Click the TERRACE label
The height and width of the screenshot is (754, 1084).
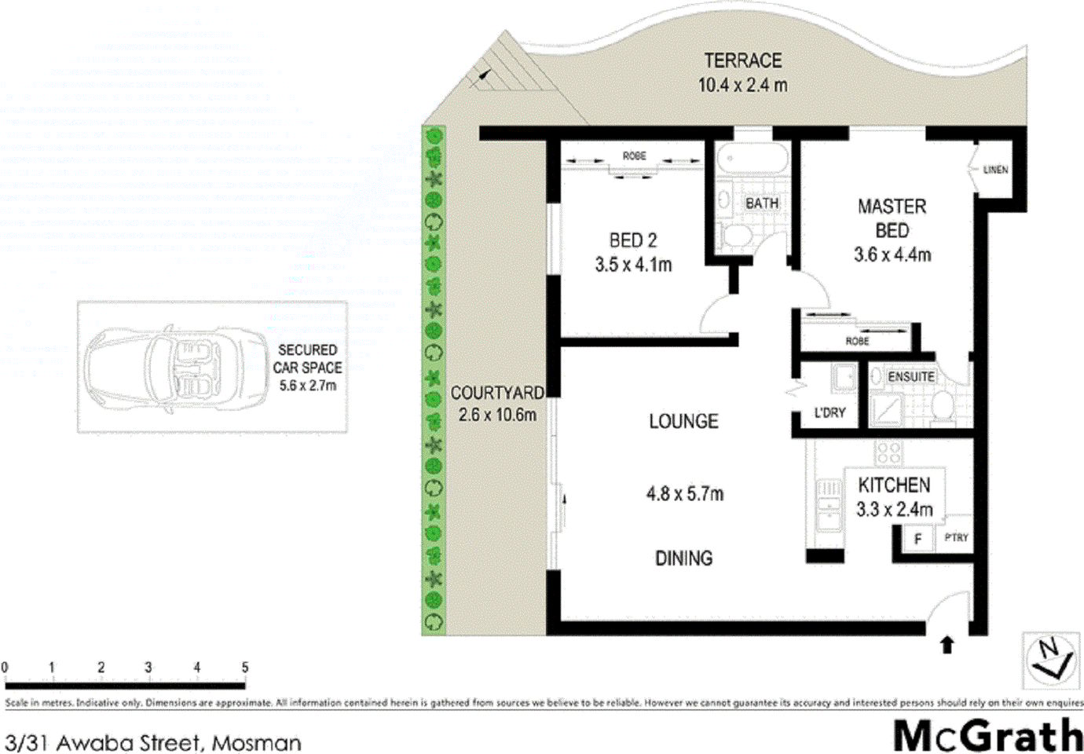coord(742,60)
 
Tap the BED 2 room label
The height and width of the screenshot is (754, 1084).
coord(632,240)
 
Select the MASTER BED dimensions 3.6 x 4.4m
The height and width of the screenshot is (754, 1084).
coord(892,254)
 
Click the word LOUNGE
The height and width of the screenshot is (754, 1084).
coord(683,422)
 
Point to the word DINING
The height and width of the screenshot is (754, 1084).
coord(683,558)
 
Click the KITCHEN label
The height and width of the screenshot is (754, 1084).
coord(894,485)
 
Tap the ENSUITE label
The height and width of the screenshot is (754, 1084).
coord(911,377)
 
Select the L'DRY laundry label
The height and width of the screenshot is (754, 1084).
coord(829,412)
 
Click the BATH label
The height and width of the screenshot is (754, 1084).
coord(761,203)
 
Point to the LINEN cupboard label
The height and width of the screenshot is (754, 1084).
coord(995,170)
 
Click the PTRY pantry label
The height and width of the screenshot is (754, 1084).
coord(956,538)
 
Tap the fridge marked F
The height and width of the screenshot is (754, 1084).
coord(917,539)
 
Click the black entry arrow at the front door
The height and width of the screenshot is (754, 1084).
coord(947,645)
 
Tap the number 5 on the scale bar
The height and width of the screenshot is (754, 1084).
coord(244,668)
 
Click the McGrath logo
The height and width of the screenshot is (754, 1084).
coord(987,736)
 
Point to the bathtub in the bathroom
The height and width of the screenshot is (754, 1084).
coord(752,160)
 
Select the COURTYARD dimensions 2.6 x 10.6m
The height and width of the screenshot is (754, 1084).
coord(497,415)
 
